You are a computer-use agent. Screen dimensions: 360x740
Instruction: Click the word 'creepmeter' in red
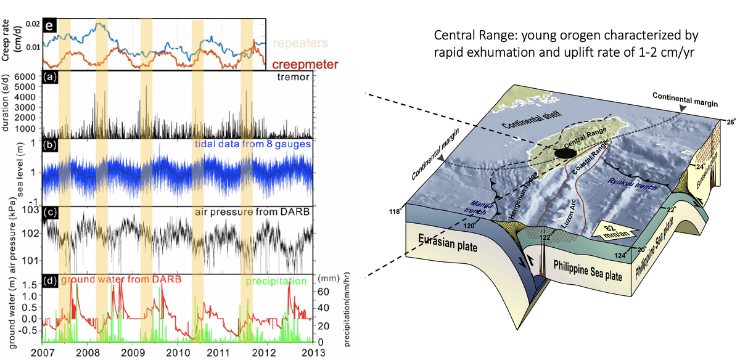coord(299,63)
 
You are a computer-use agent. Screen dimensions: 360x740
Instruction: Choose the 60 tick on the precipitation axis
coord(321,290)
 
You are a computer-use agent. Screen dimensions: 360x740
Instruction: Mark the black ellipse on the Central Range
coord(566,152)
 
